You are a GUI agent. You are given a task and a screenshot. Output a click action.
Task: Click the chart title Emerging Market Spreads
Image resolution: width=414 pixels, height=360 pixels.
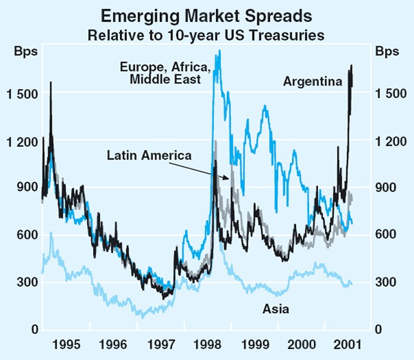coord(206,14)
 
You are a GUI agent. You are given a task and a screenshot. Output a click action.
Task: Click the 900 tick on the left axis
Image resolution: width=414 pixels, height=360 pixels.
coord(25,188)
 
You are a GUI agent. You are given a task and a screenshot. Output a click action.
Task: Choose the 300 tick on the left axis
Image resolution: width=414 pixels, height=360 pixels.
coord(25,283)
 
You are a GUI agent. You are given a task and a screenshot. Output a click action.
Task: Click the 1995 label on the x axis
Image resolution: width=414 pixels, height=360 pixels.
coord(69,343)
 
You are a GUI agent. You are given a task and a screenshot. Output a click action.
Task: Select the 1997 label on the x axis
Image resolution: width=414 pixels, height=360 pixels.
coord(161,343)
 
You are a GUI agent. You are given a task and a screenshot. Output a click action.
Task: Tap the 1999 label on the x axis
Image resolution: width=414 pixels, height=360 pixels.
coord(252,343)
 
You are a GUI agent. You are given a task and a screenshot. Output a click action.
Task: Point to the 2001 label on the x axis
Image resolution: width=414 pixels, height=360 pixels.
coord(344,343)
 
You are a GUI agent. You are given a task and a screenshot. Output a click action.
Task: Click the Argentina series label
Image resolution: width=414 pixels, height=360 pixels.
coord(313,81)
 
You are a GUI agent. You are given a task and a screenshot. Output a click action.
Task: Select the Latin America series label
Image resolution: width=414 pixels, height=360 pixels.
coord(149,155)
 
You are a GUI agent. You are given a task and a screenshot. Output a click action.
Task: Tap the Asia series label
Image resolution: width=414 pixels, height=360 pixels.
coord(277,308)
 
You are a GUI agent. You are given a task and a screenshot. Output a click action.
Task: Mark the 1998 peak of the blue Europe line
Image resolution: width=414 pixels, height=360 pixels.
coord(219,51)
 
